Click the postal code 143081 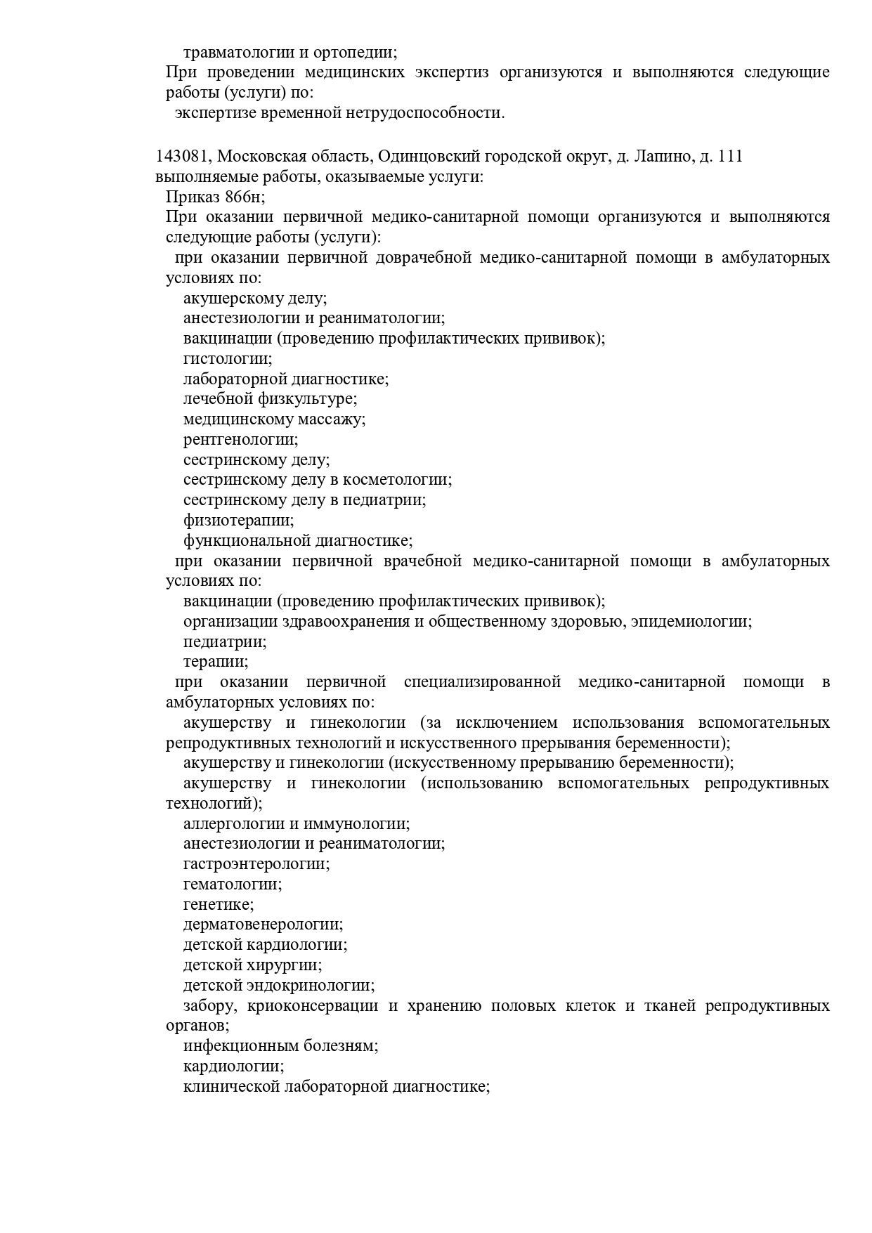182,157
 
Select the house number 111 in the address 731,157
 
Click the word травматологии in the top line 230,52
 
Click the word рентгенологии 240,440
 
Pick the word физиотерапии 238,521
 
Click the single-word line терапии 216,662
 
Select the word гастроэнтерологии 256,864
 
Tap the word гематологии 233,885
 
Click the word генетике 219,905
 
